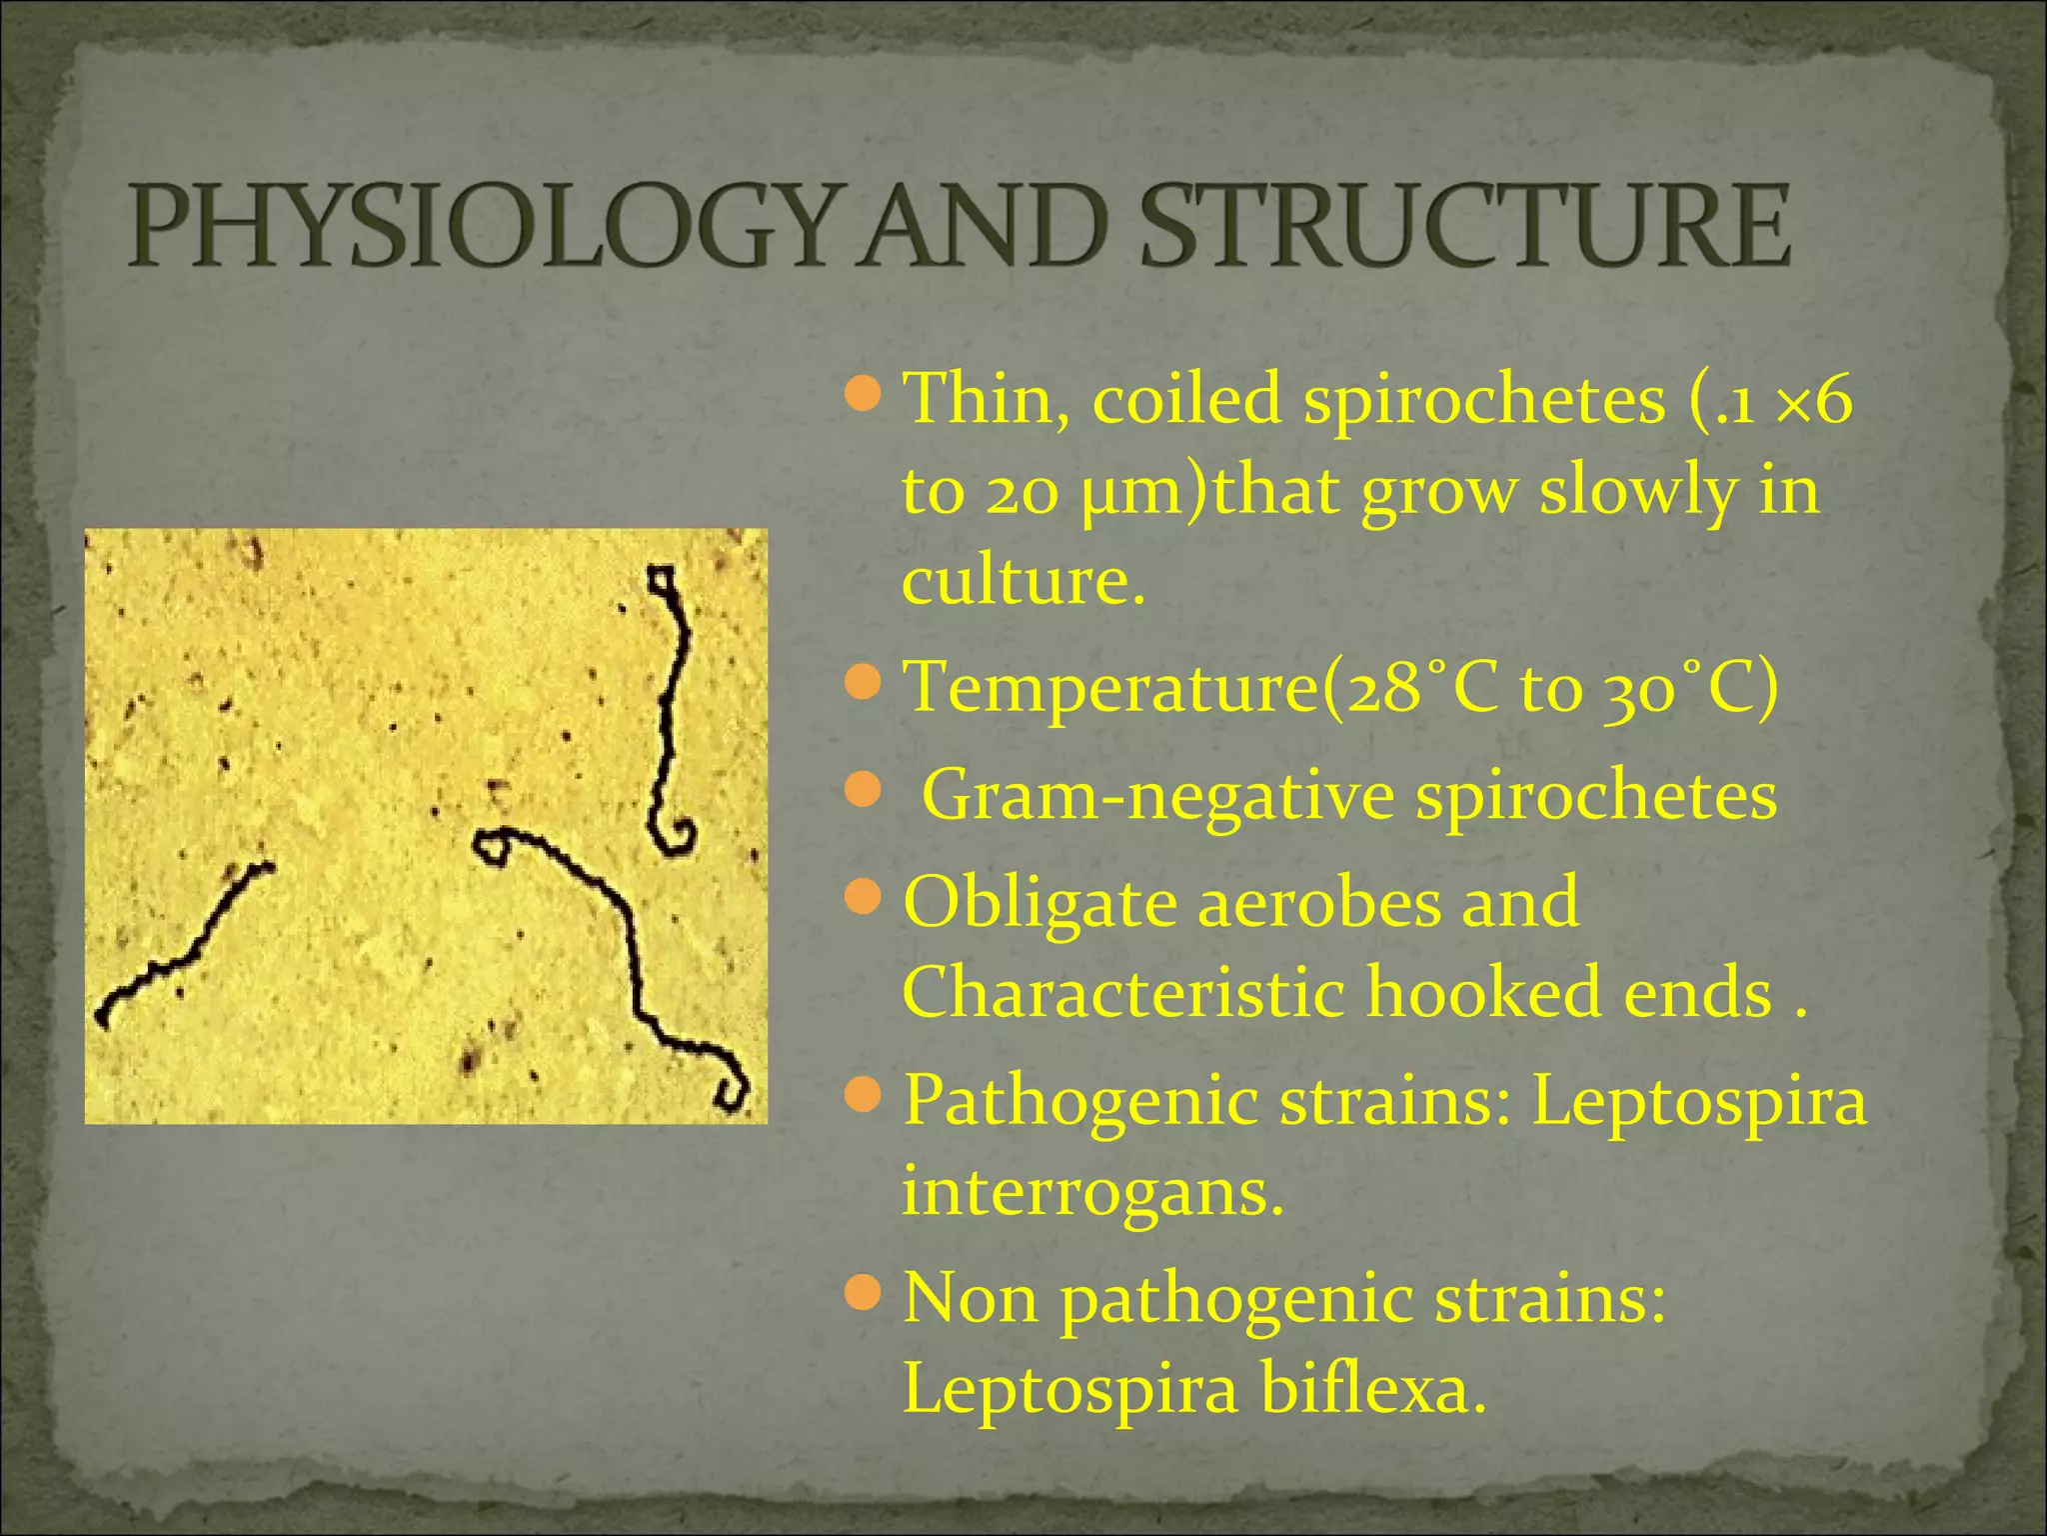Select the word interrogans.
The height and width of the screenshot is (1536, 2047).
[1091, 1192]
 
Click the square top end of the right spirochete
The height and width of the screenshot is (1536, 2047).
[661, 580]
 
